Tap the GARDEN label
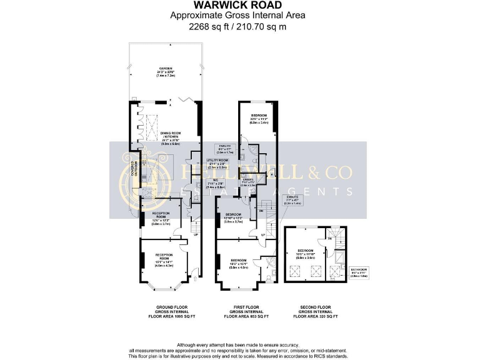(x=165, y=71)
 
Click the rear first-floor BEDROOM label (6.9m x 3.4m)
(x=259, y=119)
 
